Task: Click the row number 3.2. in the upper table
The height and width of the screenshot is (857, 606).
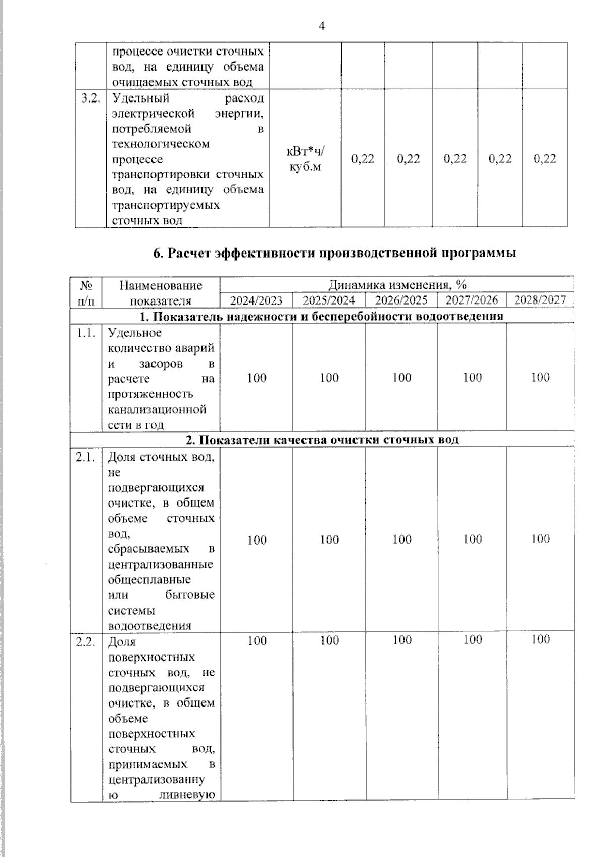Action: click(91, 98)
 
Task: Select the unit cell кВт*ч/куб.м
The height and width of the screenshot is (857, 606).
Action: click(305, 159)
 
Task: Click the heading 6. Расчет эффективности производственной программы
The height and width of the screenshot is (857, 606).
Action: click(334, 253)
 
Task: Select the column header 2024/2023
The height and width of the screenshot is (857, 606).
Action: click(256, 300)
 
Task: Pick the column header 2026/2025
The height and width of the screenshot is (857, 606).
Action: click(401, 300)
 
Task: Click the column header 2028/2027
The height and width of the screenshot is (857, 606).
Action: click(540, 300)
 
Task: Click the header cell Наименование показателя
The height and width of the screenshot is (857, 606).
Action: click(161, 293)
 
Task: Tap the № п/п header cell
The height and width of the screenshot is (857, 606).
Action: click(86, 293)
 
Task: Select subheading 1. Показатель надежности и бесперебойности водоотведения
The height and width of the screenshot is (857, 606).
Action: click(322, 316)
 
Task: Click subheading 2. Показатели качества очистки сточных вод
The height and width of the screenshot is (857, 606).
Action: click(322, 440)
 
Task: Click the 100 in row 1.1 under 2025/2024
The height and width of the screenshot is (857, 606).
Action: click(329, 378)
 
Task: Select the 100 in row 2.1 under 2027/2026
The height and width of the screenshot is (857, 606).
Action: click(472, 539)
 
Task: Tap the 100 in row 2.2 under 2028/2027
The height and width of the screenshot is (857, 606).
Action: click(540, 639)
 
